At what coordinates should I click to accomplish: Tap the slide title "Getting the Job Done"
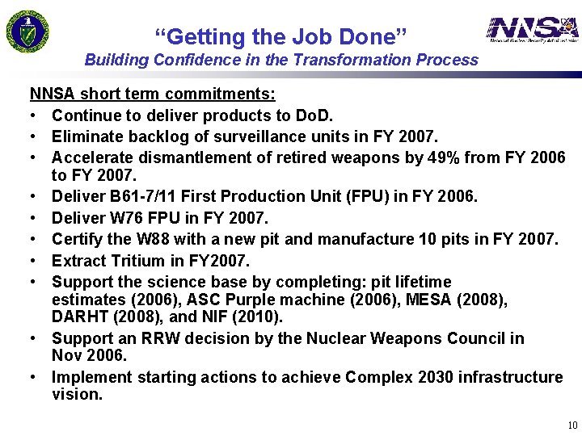click(x=280, y=36)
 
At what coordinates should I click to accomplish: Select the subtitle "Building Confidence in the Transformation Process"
click(x=281, y=60)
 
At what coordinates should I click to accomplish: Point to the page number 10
click(x=571, y=426)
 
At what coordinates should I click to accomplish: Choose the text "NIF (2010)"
click(x=249, y=317)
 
